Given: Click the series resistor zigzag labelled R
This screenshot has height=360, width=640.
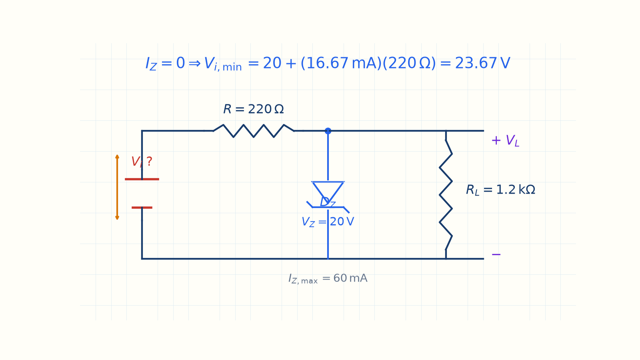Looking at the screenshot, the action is (254, 131).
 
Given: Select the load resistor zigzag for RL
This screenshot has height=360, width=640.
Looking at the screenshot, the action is (446, 195).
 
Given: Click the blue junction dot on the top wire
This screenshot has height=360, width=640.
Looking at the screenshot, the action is (328, 131).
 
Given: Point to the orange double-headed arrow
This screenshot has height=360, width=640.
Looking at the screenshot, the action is (117, 187).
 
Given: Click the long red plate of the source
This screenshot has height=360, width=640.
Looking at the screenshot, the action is (142, 179).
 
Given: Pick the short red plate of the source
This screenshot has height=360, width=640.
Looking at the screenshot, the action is (142, 208).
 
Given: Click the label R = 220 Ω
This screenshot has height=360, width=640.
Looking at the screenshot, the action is (254, 109).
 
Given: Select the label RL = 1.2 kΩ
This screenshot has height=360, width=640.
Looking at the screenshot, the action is (500, 190).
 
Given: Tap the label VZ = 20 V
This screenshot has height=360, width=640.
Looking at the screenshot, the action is (328, 222).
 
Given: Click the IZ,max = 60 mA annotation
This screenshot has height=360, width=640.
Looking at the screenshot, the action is (328, 278).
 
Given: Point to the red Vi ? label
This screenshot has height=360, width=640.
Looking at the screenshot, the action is (142, 162).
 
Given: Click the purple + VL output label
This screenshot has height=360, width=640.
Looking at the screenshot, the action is (505, 140).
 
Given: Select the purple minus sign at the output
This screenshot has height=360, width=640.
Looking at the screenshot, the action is (496, 254).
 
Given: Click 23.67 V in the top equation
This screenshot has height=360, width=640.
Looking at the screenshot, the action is (482, 63).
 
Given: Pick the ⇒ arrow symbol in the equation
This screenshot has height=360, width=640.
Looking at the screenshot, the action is (194, 64).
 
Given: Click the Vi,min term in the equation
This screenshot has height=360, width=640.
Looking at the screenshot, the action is (223, 64).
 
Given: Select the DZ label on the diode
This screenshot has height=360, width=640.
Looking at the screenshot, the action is (328, 202).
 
